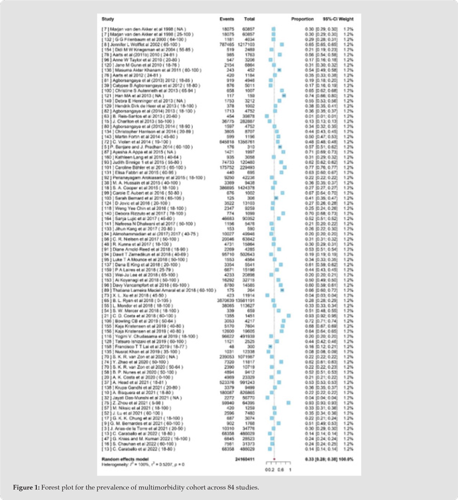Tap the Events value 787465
point(227,44)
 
